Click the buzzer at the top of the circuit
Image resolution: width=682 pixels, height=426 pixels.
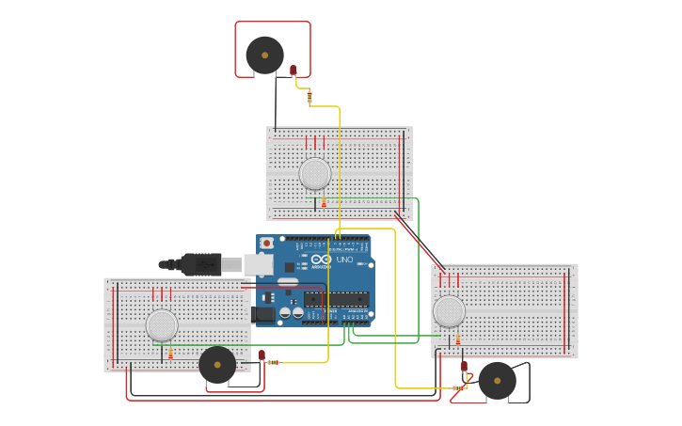coord(264,55)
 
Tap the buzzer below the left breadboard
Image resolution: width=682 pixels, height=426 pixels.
coord(217,365)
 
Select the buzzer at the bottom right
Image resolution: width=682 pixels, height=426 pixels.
coord(497,381)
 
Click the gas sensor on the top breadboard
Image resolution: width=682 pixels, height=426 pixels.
coord(315,173)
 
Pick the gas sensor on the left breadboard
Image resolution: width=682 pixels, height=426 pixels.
coord(162,325)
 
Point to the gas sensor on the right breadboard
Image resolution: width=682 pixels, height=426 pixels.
coord(449,311)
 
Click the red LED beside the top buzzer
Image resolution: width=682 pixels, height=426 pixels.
coord(293,70)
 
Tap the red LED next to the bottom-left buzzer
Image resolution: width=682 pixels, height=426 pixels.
coord(262,355)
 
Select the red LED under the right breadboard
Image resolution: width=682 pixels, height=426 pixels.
coord(464,366)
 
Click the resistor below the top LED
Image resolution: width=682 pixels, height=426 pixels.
coord(309,96)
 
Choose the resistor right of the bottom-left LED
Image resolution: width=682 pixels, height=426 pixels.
coord(273,362)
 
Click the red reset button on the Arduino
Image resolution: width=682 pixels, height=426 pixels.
coord(266,243)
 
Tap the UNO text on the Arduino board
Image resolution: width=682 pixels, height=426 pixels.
coord(344,260)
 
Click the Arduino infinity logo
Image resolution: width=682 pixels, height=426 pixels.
coord(321,259)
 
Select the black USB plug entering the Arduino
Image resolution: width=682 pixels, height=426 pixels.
coord(198,264)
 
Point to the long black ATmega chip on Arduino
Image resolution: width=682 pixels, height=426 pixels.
coord(336,299)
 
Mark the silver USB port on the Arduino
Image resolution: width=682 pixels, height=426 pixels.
coord(258,264)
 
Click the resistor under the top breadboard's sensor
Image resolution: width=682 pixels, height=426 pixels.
coord(324,202)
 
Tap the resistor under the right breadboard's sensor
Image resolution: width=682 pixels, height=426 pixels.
coord(458,339)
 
